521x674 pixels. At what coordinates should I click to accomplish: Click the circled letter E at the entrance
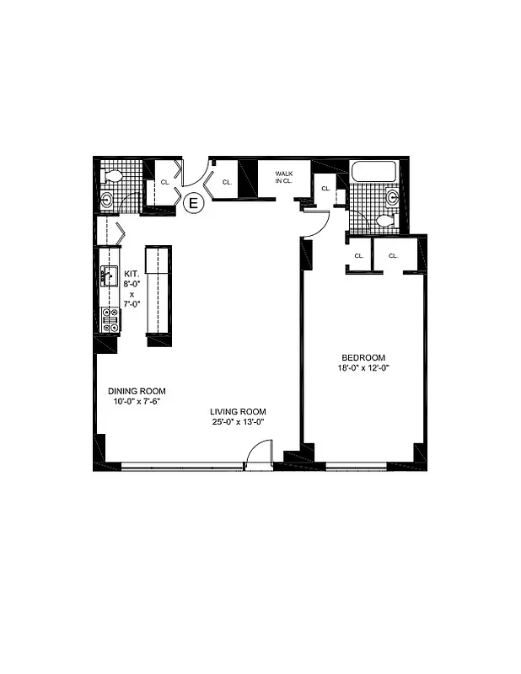point(193,202)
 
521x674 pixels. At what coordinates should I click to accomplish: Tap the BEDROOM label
point(363,356)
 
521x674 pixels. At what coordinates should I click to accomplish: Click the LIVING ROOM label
point(238,411)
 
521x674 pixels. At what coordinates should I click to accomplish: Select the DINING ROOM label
point(136,391)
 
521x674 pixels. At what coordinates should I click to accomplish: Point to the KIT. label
point(132,274)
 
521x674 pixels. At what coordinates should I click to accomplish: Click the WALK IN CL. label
point(283,176)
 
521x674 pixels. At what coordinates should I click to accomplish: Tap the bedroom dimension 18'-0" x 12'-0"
point(363,367)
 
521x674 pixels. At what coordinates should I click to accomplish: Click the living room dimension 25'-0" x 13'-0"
point(238,422)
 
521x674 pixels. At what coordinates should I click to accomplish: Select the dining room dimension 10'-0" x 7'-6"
point(136,401)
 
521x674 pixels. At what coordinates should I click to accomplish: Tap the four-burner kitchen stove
point(110,318)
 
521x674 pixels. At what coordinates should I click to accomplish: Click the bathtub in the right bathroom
point(373,171)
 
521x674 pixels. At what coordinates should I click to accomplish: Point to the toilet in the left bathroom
point(111,176)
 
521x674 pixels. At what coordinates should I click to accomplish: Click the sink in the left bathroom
point(106,201)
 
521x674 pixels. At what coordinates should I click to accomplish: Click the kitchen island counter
point(158,291)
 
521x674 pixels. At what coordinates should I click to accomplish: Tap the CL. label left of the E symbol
point(165,182)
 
